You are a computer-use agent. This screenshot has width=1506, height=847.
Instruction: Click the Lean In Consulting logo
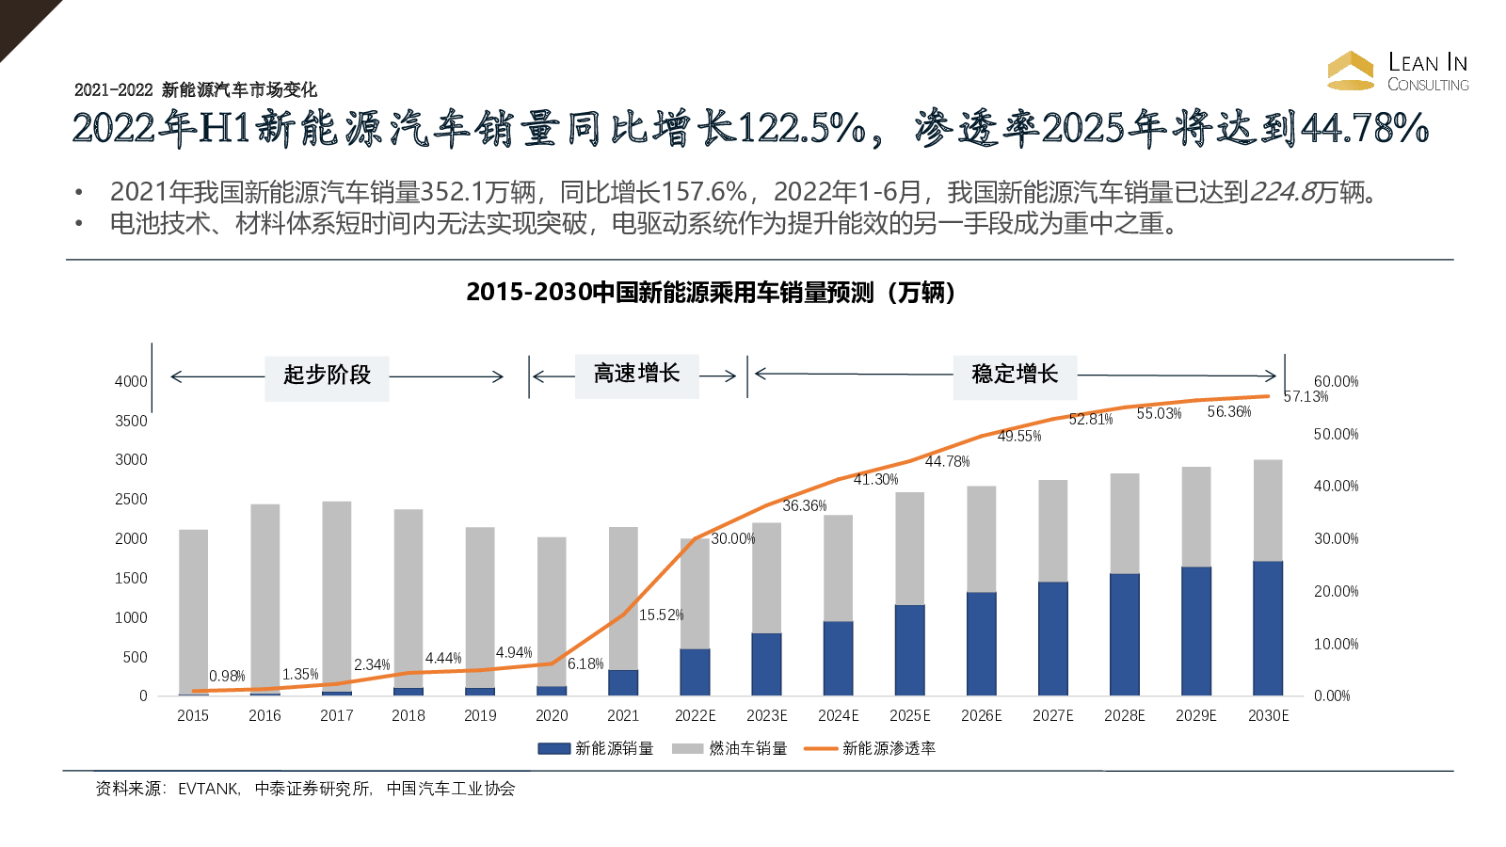[1398, 72]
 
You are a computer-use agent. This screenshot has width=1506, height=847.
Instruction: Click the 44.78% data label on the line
[947, 461]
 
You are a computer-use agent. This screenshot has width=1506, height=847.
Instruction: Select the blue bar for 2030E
[1268, 628]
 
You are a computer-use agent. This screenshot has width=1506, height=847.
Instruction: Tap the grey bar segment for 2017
[337, 596]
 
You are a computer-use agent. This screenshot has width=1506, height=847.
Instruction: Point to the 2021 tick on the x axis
[623, 715]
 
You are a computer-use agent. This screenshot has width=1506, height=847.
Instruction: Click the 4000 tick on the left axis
[131, 381]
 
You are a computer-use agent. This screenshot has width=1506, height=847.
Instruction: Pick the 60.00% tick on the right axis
[1336, 381]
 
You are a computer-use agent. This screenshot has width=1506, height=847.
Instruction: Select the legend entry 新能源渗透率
[889, 748]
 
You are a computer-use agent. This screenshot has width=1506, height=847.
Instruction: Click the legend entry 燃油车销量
[747, 748]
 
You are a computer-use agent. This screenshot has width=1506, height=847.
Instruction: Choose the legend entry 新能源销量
[614, 748]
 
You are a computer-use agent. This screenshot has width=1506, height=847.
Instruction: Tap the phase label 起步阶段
[327, 375]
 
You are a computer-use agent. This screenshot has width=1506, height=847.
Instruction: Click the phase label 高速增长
[636, 374]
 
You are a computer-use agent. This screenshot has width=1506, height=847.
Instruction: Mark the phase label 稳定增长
[1015, 374]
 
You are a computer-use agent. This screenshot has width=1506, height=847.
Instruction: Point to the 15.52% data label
[661, 615]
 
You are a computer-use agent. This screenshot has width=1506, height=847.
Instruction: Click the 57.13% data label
[1306, 396]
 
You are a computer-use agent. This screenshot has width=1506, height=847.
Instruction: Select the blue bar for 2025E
[910, 649]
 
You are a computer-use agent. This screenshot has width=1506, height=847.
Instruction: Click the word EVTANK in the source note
[208, 789]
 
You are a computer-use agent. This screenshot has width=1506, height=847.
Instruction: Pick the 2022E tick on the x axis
[695, 715]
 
